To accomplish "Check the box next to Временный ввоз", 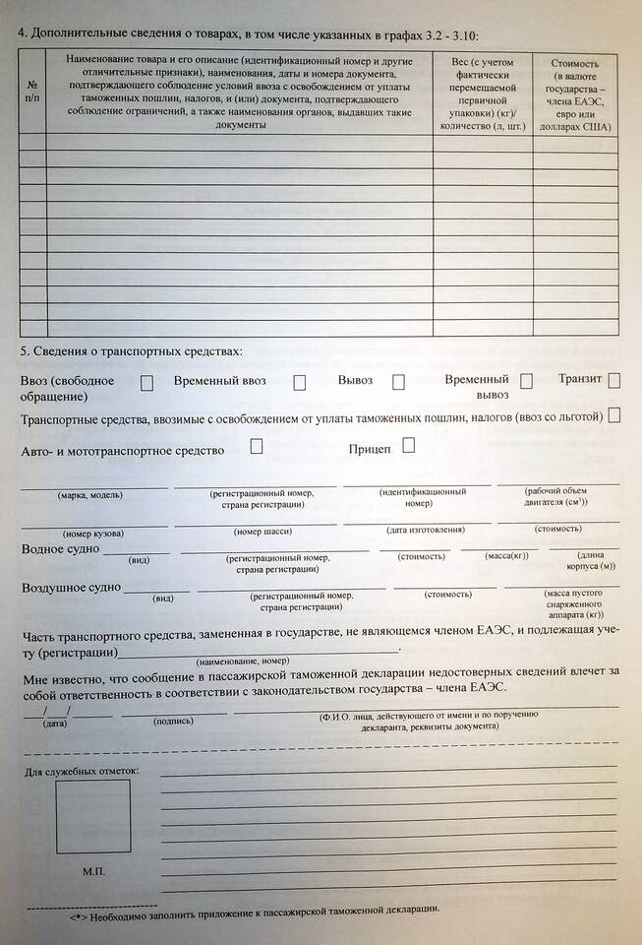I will click(x=299, y=383).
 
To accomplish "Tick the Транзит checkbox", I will click(x=614, y=380).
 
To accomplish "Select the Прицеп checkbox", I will click(x=408, y=445).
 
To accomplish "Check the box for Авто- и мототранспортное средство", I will click(x=257, y=446).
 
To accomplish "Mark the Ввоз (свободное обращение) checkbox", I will click(x=146, y=383).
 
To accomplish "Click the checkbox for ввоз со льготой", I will click(x=614, y=415).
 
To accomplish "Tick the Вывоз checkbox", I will click(x=398, y=382).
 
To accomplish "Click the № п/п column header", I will click(x=32, y=92).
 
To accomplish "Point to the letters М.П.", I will click(x=94, y=872).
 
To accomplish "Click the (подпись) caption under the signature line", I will click(x=173, y=721).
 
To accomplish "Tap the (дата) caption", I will click(x=55, y=724).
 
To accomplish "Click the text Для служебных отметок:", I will click(x=82, y=770).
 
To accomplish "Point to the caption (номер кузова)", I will click(x=93, y=533).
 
